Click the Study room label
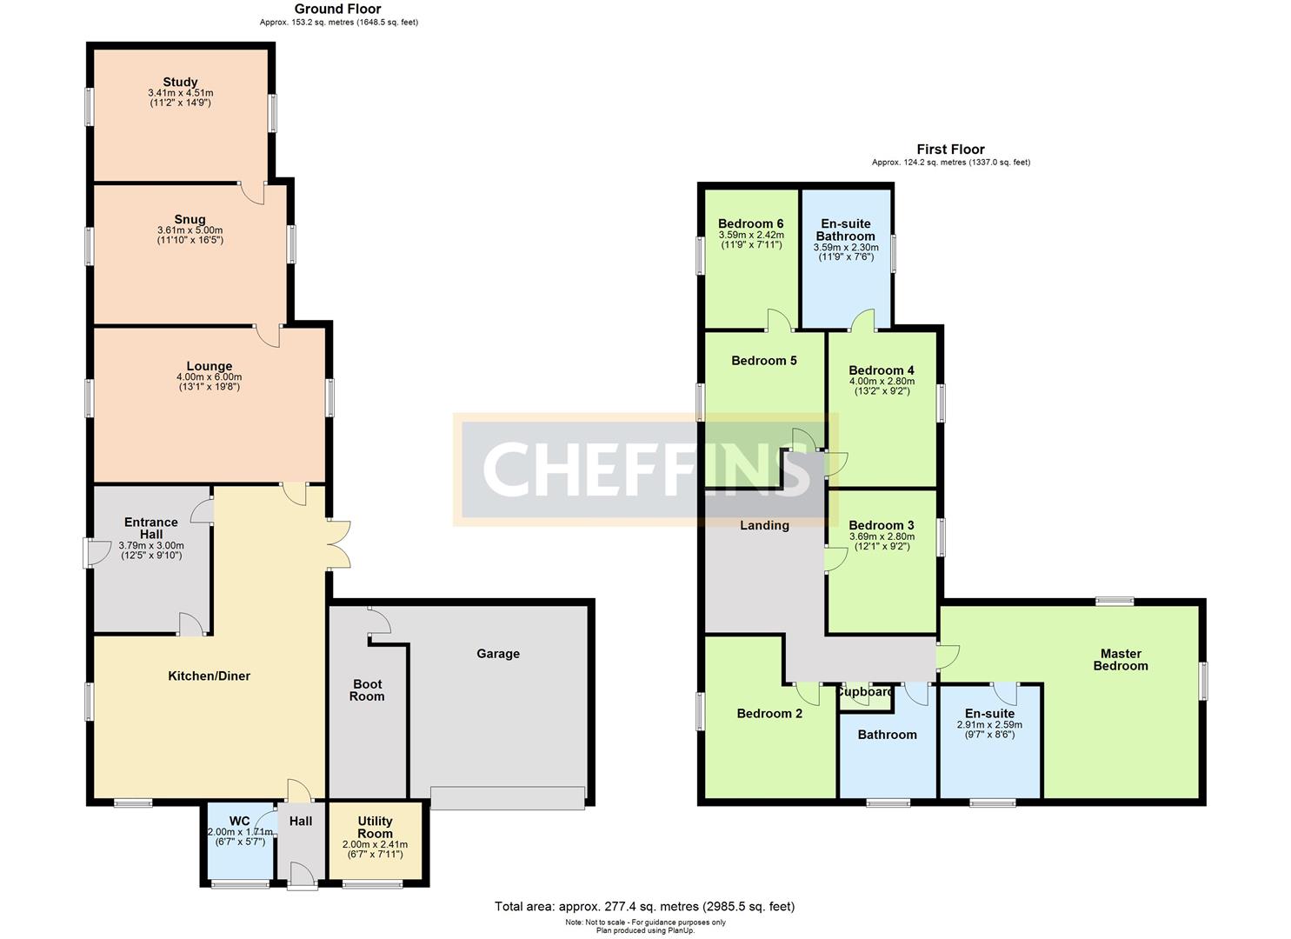pyautogui.click(x=180, y=83)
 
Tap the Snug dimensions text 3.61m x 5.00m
pyautogui.click(x=190, y=230)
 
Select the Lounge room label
pyautogui.click(x=209, y=366)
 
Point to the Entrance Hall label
pyautogui.click(x=151, y=528)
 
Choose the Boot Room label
pyautogui.click(x=367, y=690)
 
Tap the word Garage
pyautogui.click(x=498, y=654)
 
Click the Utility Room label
pyautogui.click(x=375, y=827)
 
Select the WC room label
pyautogui.click(x=239, y=821)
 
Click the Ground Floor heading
pyautogui.click(x=338, y=9)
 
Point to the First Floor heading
pyautogui.click(x=950, y=150)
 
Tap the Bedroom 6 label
pyautogui.click(x=751, y=223)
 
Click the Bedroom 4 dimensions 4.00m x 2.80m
pyautogui.click(x=882, y=381)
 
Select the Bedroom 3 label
pyautogui.click(x=882, y=525)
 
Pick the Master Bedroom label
pyautogui.click(x=1121, y=660)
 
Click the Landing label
pyautogui.click(x=764, y=525)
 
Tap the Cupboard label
pyautogui.click(x=865, y=692)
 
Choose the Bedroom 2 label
pyautogui.click(x=769, y=714)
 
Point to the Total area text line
pyautogui.click(x=644, y=907)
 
